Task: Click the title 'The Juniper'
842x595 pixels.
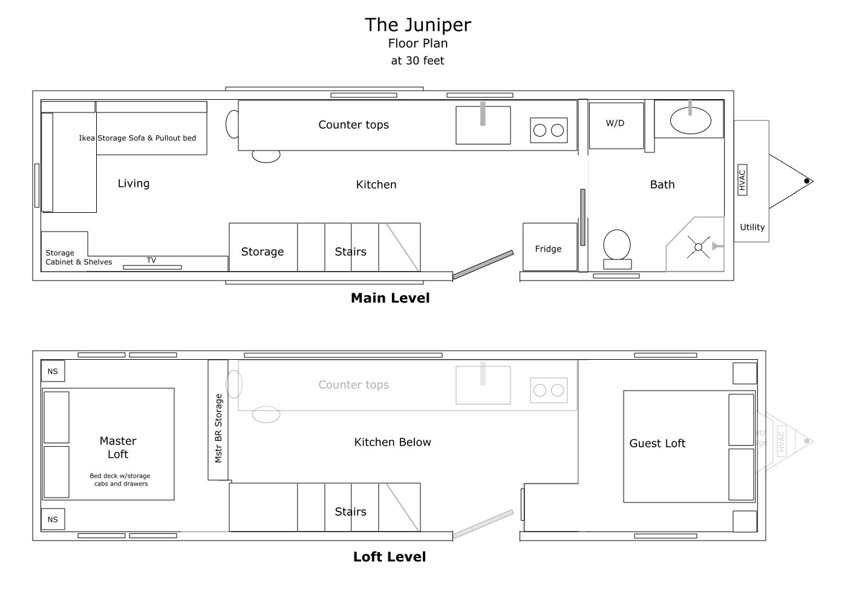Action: (417, 25)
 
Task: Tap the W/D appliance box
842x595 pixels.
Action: (615, 125)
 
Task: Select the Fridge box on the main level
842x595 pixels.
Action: (549, 248)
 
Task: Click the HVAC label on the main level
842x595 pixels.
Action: (742, 179)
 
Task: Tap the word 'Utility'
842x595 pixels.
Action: (752, 227)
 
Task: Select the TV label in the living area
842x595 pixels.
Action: (151, 261)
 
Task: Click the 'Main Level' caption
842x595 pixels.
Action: (390, 298)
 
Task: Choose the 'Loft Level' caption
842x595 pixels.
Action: (390, 557)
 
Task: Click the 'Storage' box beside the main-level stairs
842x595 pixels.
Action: (263, 252)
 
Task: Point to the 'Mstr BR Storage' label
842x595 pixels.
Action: (218, 428)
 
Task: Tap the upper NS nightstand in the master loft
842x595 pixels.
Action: (53, 371)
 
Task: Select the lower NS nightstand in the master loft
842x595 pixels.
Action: (53, 519)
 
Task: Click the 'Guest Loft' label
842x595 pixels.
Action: (657, 443)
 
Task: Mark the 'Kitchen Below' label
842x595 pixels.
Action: (393, 442)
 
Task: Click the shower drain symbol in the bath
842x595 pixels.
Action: (698, 247)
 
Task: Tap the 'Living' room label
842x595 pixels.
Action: (134, 183)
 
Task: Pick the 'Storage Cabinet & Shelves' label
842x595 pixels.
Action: (79, 258)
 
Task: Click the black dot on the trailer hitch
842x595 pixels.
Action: (806, 181)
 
